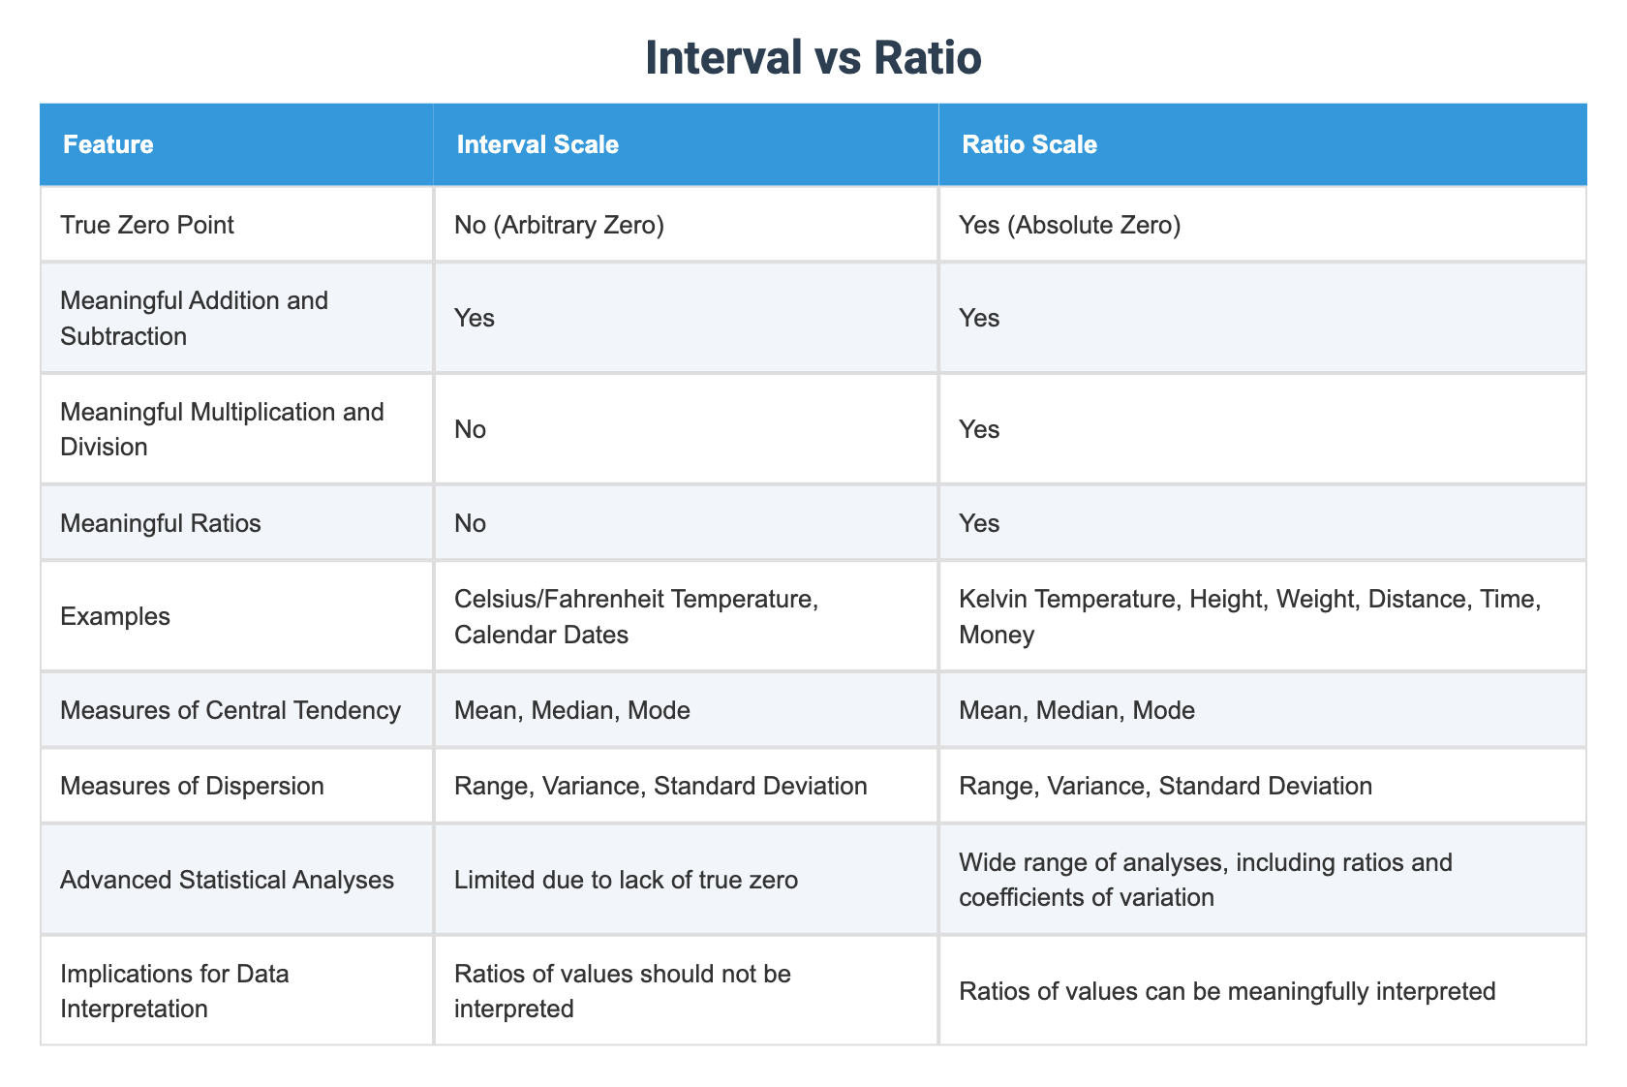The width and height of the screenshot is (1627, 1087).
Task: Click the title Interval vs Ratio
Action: (813, 58)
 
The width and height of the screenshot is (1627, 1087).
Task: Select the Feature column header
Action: (107, 145)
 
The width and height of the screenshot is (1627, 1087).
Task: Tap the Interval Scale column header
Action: (537, 145)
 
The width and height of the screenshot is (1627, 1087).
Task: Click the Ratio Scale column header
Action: (1028, 145)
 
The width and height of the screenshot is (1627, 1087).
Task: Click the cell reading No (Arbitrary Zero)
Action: (559, 225)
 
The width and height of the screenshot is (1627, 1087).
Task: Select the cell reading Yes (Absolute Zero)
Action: (1069, 225)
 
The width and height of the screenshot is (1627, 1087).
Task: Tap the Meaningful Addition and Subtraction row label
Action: (194, 318)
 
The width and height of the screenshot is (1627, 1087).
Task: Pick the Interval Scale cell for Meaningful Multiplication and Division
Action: (471, 429)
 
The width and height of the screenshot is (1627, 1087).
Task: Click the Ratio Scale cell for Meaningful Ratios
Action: (979, 523)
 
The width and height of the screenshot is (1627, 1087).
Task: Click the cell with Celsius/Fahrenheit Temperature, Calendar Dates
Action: (636, 616)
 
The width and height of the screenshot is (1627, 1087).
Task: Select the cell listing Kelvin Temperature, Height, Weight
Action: (1248, 616)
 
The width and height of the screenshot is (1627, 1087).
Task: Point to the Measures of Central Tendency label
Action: (230, 710)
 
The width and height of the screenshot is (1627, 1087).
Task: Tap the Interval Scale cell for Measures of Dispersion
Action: (660, 785)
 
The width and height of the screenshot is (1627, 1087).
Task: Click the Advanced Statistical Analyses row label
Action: (227, 880)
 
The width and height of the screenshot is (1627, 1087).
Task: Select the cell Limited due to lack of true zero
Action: (626, 880)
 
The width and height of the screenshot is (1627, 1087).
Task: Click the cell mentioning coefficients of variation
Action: (1205, 880)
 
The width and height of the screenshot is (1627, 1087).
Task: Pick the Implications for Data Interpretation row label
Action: (174, 990)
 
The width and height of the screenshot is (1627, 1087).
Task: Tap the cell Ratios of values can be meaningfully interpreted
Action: (1227, 991)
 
